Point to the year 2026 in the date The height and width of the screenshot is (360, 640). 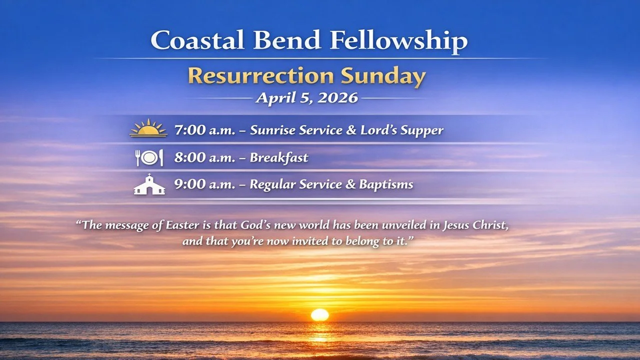click(x=335, y=97)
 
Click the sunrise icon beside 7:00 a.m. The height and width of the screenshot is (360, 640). click(x=148, y=128)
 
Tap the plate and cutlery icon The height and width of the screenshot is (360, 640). click(x=149, y=158)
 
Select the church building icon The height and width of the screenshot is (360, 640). click(x=149, y=184)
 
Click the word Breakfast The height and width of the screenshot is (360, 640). click(x=278, y=158)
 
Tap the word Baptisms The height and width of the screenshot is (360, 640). click(x=385, y=184)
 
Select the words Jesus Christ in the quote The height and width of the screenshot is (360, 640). click(x=475, y=225)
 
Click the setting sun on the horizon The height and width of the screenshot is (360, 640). click(x=319, y=314)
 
